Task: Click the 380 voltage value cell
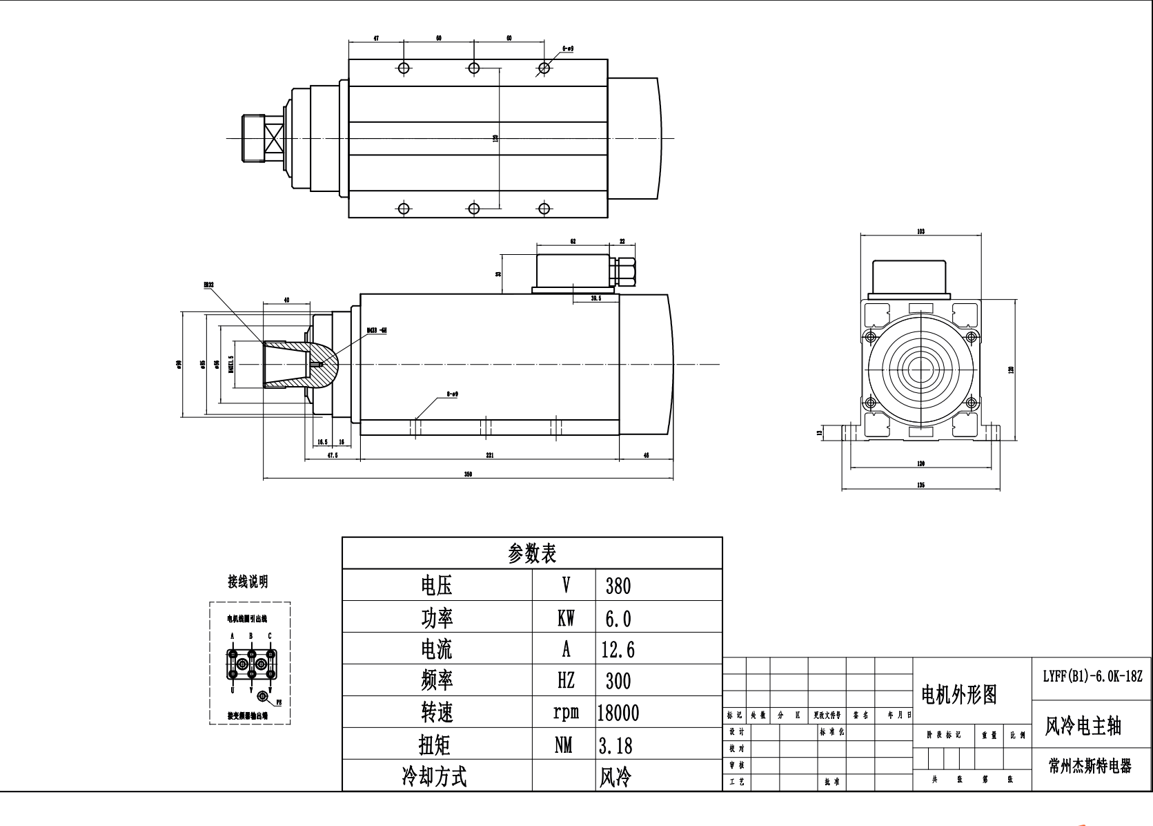[618, 586]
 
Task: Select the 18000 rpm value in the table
[618, 713]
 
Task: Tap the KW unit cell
[565, 618]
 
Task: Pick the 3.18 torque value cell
[615, 745]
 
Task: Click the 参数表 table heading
[532, 553]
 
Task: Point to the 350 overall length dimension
[468, 474]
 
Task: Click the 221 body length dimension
[489, 455]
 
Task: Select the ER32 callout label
[208, 284]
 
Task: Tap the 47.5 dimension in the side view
[332, 455]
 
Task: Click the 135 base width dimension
[920, 486]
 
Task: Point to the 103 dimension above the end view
[920, 231]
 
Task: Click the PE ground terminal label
[279, 702]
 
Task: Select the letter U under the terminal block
[233, 689]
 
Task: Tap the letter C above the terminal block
[270, 635]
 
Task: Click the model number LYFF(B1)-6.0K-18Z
[1092, 675]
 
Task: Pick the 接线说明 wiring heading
[248, 582]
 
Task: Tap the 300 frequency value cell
[618, 681]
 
